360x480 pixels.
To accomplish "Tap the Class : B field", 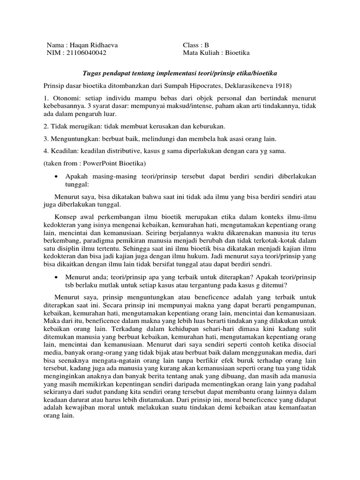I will (x=196, y=45).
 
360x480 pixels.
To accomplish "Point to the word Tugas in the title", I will (x=91, y=74).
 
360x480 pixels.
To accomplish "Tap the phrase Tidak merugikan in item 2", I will (x=73, y=127).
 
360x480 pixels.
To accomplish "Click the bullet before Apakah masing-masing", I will (x=56, y=176).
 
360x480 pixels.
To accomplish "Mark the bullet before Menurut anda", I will (x=56, y=277).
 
